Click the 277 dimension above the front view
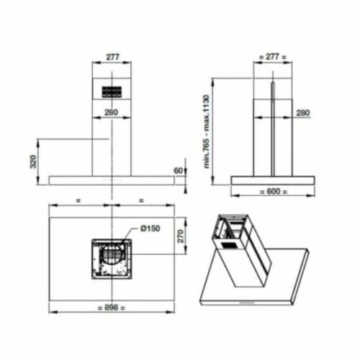coord(112,57)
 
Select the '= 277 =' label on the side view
coord(273,57)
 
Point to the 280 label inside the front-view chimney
coord(111,112)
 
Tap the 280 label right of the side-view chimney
coord(303,112)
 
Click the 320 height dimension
coord(33,161)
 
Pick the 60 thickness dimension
coord(178,171)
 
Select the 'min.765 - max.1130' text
coord(207,132)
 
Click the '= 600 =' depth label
coord(274,192)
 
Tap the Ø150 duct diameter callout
coord(150,228)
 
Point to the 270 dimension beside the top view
coord(181,236)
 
